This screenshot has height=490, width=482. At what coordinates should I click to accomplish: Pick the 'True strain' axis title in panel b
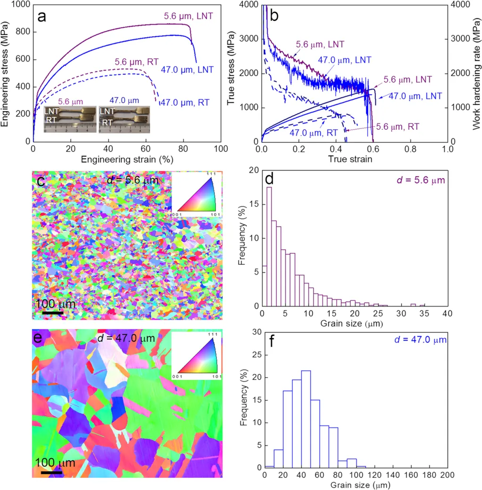pyautogui.click(x=354, y=159)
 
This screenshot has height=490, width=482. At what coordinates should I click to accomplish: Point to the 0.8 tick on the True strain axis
pyautogui.click(x=410, y=149)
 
